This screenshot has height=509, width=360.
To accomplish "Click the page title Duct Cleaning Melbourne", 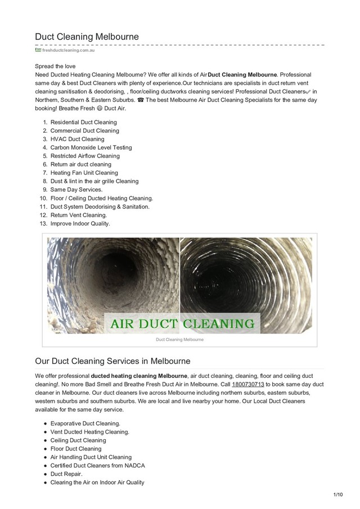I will coord(87,37).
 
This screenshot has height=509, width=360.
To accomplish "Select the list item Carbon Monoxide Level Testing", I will coord(91,147).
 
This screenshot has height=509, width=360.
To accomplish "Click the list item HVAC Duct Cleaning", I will coord(77,139).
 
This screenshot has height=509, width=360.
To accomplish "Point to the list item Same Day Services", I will coord(76,190).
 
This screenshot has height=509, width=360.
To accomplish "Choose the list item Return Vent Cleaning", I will coord(78,215).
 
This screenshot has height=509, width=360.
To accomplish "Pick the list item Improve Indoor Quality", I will coord(80,223).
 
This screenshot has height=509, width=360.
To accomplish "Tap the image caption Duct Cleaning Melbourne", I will coord(180,340).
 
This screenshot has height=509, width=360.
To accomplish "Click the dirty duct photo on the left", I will coord(112,276).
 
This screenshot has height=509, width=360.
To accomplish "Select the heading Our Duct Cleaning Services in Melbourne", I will coord(112,360).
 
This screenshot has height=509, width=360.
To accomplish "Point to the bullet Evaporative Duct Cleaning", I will coord(85,423).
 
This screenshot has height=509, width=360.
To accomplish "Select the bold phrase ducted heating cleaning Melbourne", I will coord(139,375).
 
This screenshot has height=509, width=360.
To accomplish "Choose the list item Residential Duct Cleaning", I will coord(84,122).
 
